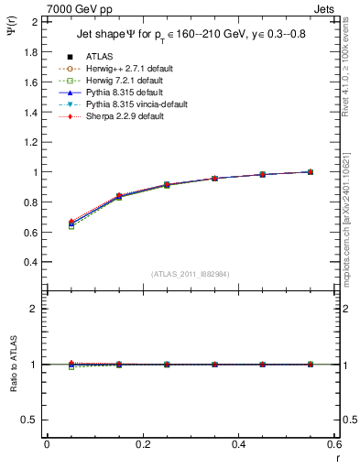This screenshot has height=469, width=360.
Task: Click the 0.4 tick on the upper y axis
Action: click(30, 262)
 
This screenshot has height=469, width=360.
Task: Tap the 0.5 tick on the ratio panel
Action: click(30, 420)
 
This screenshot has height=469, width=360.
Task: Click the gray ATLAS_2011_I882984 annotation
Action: click(191, 273)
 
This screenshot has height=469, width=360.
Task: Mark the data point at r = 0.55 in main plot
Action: click(311, 172)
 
